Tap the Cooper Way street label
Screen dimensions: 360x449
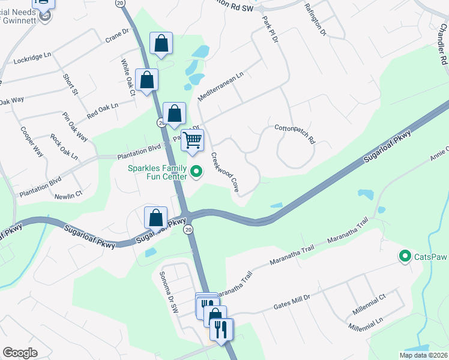point(32,141)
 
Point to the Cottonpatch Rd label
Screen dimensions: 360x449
point(295,133)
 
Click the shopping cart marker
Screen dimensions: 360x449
point(193,140)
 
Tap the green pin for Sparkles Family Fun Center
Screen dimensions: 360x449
point(196,173)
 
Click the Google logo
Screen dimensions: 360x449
point(20,352)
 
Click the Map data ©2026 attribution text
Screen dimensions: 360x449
point(423,355)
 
